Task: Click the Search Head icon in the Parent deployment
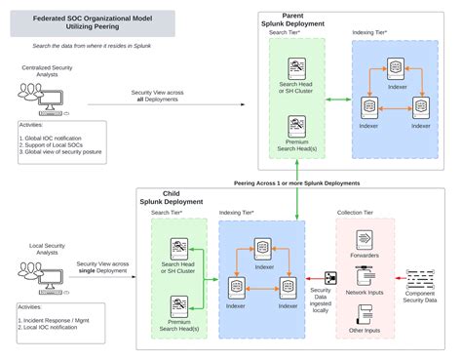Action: click(298, 67)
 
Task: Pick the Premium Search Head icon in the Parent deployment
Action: click(298, 125)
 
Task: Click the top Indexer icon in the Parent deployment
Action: click(396, 68)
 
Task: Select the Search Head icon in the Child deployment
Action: click(179, 248)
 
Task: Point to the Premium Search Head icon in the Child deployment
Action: click(179, 305)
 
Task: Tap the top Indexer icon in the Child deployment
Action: click(261, 246)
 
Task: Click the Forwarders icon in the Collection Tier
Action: click(366, 239)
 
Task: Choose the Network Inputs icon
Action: click(366, 277)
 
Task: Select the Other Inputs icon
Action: click(366, 315)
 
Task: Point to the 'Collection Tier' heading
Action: click(366, 212)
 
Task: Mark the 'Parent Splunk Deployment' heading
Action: click(310, 20)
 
